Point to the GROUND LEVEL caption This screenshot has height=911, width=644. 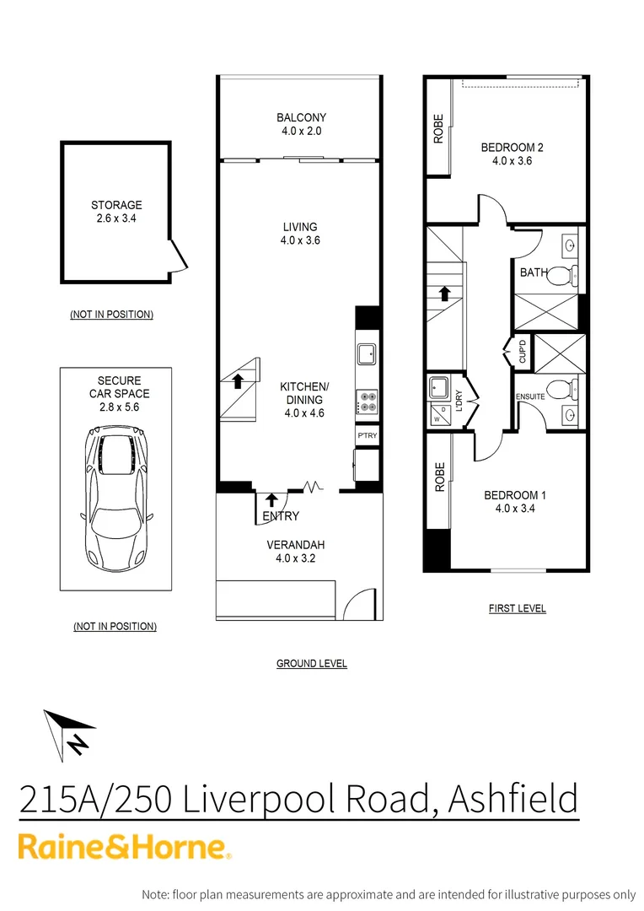(311, 664)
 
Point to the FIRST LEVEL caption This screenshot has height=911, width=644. (517, 608)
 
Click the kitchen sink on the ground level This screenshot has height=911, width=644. (368, 353)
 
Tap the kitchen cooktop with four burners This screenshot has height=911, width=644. (368, 401)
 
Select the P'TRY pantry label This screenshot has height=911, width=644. (367, 436)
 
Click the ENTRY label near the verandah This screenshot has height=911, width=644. (281, 516)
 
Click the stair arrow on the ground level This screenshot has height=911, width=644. (238, 380)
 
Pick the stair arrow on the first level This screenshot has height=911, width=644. (443, 294)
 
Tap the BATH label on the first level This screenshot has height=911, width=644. (534, 272)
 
